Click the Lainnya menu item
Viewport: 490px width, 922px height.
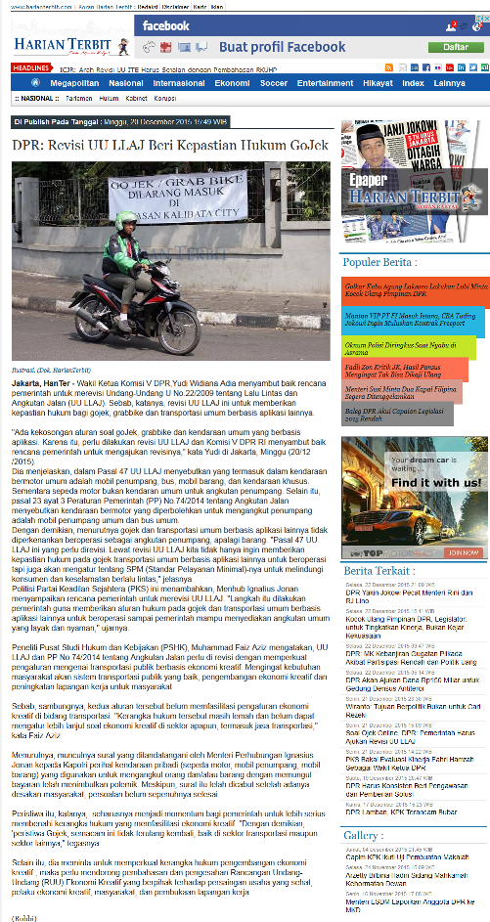(448, 83)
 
